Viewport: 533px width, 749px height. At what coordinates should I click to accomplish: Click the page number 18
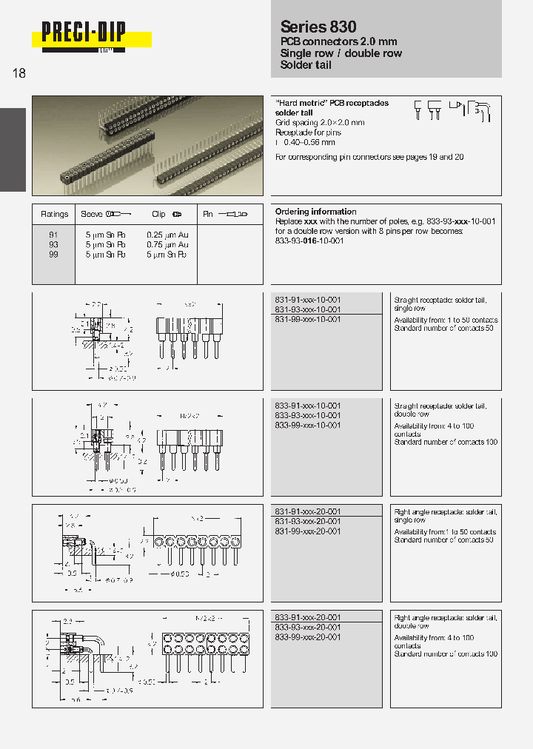(19, 74)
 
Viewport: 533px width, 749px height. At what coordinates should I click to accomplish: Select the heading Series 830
(318, 27)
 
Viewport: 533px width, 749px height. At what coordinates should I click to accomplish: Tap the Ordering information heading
(315, 212)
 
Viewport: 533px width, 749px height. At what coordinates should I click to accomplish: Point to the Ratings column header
(54, 215)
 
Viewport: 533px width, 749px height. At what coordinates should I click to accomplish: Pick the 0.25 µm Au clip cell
(167, 235)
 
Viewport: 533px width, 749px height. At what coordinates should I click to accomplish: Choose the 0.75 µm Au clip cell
(167, 244)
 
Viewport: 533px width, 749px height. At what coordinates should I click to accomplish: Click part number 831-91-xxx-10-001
(307, 300)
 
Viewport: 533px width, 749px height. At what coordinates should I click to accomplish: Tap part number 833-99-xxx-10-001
(307, 426)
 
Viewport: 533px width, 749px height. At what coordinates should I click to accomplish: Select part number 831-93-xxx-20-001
(307, 522)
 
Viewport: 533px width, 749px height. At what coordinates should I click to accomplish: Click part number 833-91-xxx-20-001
(307, 617)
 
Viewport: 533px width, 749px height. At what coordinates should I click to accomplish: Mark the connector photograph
(147, 145)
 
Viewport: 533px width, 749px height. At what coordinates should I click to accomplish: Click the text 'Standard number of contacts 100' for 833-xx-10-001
(446, 443)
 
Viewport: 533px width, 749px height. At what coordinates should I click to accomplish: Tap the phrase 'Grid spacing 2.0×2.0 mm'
(320, 122)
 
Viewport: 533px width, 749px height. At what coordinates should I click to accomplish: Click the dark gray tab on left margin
(13, 150)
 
